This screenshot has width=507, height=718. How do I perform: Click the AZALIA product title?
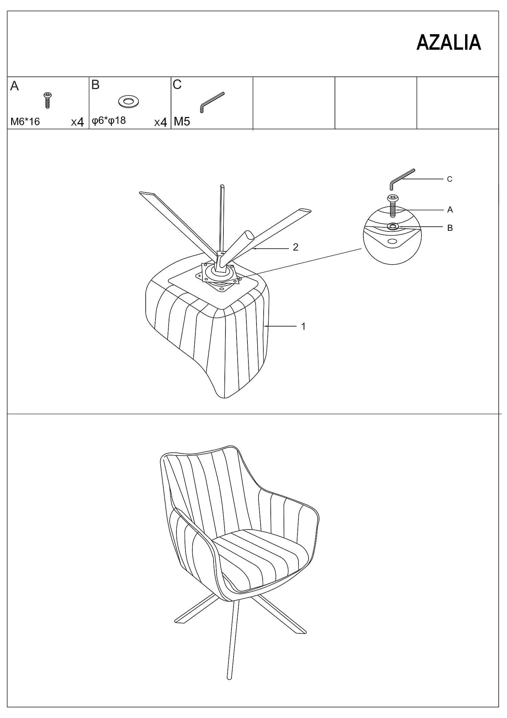click(x=449, y=43)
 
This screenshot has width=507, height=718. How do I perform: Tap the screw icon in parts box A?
click(x=48, y=100)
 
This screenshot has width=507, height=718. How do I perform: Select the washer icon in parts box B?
click(x=128, y=101)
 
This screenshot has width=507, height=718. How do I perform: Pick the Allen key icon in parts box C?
click(x=212, y=102)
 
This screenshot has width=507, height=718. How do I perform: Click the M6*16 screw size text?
click(x=25, y=121)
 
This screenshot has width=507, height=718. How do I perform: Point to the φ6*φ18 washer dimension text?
click(x=109, y=120)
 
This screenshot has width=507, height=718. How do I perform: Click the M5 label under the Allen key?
click(x=182, y=121)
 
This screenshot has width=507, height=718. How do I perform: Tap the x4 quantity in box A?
click(x=77, y=122)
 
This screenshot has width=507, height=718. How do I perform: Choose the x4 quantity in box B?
click(x=161, y=122)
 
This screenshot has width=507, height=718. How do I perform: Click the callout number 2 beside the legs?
click(x=295, y=247)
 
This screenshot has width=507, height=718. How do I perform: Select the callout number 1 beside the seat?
click(x=303, y=326)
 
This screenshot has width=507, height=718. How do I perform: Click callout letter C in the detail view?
click(x=450, y=179)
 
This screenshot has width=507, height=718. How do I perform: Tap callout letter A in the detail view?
click(x=450, y=210)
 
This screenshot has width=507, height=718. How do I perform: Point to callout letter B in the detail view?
click(x=450, y=228)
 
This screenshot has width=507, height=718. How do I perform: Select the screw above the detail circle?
click(x=392, y=206)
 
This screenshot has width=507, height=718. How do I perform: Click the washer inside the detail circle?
click(x=393, y=226)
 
